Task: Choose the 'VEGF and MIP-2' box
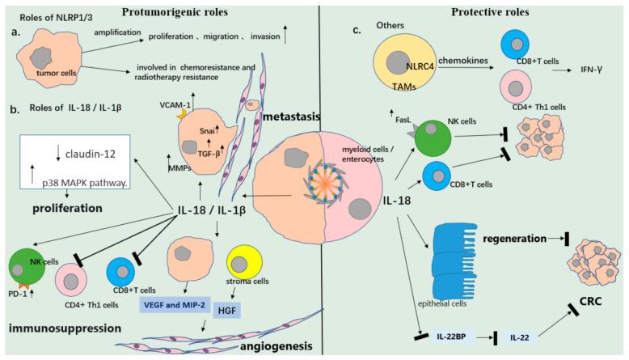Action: tap(160, 299)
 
